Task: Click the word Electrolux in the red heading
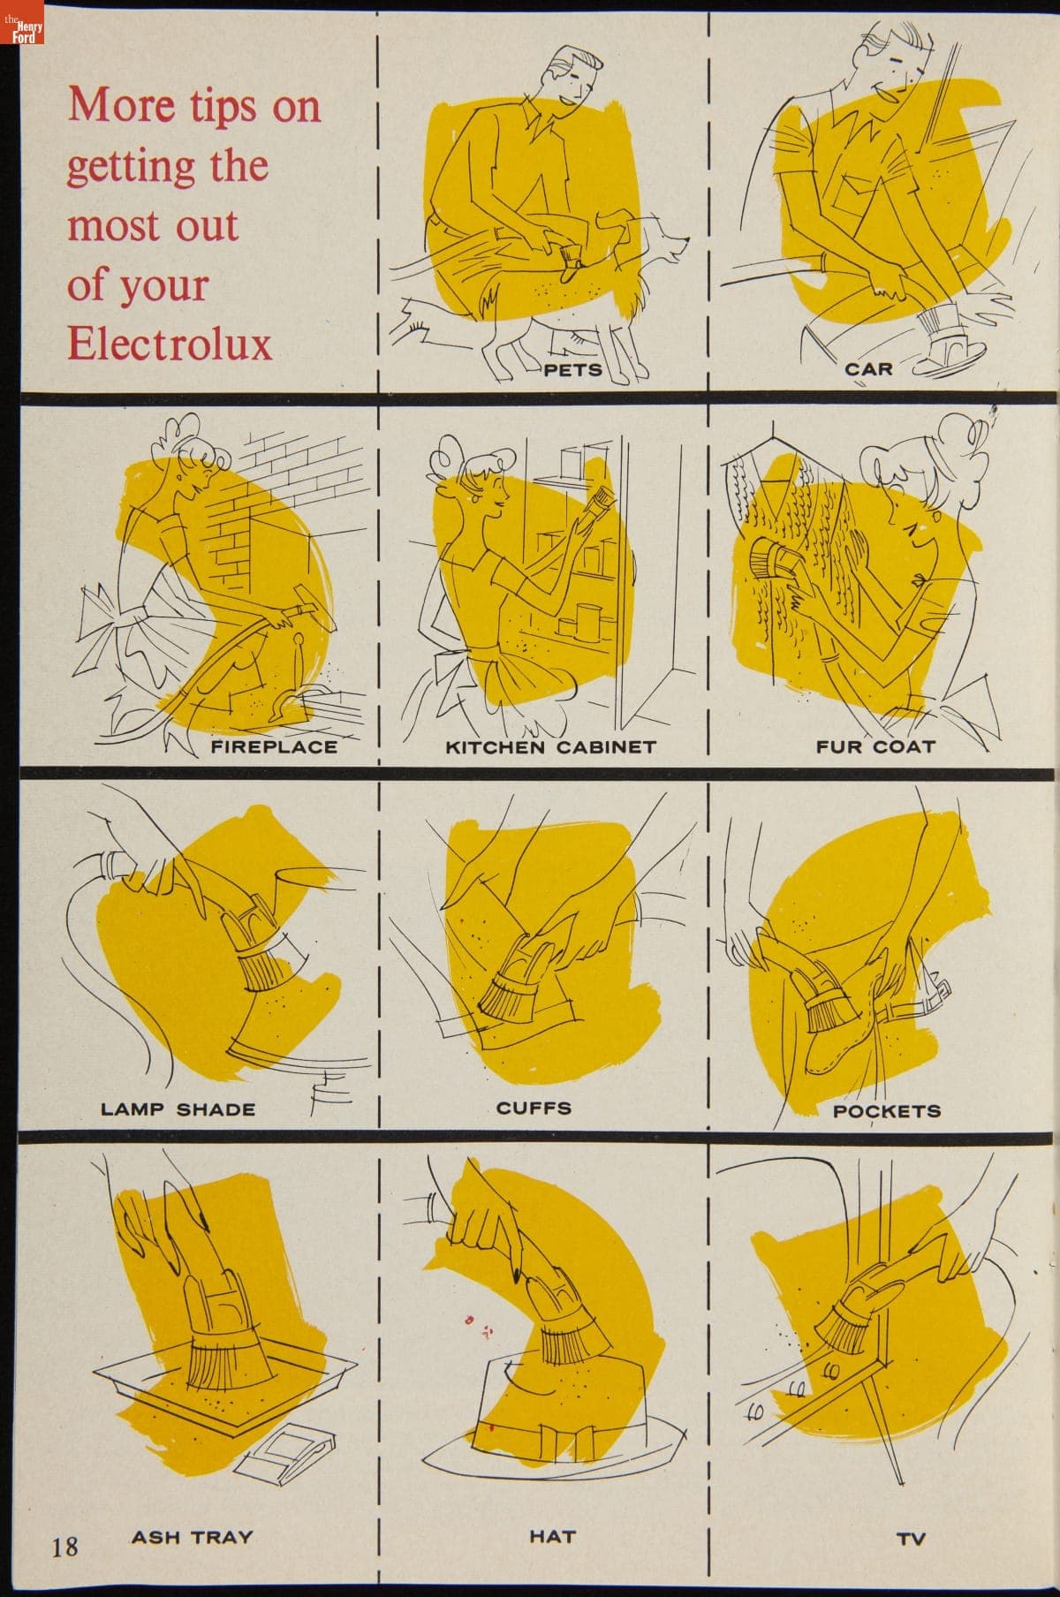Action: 170,343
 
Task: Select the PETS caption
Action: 572,369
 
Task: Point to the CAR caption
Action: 869,369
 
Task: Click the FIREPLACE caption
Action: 274,746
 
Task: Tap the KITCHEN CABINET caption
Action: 550,746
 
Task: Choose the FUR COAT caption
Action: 875,746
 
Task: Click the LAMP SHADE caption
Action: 178,1109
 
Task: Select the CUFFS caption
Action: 534,1108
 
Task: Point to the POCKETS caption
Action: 888,1111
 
